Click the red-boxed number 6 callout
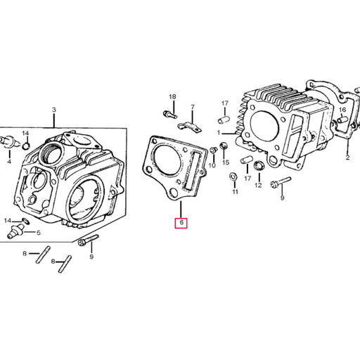181,223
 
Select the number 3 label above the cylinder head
53,110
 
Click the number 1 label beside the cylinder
219,132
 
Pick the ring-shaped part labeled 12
258,166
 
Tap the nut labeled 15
224,146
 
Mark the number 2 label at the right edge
347,158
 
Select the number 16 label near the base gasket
342,110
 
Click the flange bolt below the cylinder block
275,182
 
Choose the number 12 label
258,186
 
